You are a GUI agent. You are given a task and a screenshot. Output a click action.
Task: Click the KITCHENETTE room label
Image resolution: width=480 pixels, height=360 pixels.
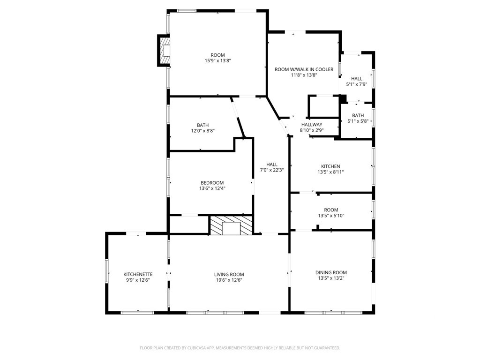[138, 274]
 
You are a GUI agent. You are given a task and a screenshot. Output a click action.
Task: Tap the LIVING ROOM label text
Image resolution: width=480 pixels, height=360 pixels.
[229, 275]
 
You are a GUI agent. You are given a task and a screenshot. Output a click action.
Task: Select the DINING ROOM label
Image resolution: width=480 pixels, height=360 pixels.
[331, 272]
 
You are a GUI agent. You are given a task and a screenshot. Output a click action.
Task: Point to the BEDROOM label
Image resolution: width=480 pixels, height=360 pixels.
[212, 183]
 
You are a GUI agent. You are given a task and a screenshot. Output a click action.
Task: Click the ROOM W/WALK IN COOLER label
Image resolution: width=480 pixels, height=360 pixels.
[304, 69]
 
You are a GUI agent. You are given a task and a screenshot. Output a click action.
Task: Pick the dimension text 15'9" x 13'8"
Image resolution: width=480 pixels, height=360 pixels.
[217, 61]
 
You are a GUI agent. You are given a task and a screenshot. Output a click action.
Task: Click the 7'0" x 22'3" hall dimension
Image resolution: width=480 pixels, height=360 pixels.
[272, 170]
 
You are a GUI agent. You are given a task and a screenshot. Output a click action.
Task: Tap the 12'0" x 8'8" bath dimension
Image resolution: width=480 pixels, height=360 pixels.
[202, 131]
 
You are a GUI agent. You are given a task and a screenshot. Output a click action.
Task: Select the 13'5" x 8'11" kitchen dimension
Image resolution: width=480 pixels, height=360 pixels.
[330, 172]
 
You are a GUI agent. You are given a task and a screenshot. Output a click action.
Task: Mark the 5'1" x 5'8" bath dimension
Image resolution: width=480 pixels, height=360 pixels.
[358, 121]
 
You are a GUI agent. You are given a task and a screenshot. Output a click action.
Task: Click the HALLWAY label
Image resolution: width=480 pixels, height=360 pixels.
[312, 125]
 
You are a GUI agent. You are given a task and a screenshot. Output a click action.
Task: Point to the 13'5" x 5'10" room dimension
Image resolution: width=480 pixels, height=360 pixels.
[331, 216]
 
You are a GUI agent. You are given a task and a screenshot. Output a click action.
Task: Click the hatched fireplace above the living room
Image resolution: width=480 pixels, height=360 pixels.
[231, 225]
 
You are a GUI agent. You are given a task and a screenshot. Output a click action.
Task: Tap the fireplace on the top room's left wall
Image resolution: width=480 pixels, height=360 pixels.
[164, 51]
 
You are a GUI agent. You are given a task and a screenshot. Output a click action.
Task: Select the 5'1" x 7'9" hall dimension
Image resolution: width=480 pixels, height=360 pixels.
[357, 84]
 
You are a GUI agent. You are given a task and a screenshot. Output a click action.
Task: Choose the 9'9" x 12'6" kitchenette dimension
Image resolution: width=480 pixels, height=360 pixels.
[138, 280]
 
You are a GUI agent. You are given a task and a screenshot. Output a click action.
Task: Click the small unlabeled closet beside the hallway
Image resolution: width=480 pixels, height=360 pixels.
[323, 106]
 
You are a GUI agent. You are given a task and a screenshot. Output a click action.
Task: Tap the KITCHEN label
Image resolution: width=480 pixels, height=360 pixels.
[330, 166]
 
